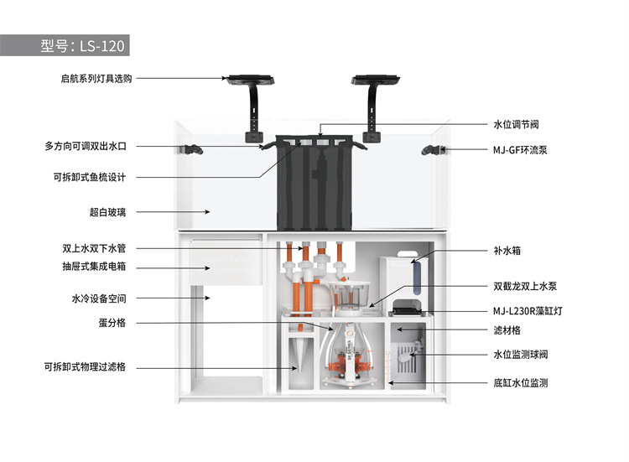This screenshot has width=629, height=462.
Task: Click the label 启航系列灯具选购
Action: tap(96, 79)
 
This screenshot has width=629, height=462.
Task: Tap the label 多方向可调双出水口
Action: tap(86, 147)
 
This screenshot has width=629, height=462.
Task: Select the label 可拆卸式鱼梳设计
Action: tap(90, 177)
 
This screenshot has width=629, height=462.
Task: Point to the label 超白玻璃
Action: tap(107, 212)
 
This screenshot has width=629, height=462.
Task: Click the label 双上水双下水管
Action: tap(94, 249)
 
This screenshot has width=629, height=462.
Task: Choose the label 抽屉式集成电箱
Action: tap(94, 267)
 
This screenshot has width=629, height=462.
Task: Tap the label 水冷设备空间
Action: tap(99, 298)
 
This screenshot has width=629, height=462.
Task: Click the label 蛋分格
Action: tap(112, 323)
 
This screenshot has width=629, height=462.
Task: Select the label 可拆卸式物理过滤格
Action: tap(85, 367)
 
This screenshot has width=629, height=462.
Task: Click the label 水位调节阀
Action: tap(516, 124)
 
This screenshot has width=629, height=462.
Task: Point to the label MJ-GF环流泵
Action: tap(520, 150)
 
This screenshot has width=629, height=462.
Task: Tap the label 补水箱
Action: tap(507, 251)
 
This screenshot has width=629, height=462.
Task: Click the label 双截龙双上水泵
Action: tap(525, 287)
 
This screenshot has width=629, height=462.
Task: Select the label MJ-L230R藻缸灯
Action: tap(528, 311)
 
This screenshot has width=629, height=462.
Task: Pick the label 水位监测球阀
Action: tap(520, 355)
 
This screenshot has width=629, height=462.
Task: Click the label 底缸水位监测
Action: tap(520, 383)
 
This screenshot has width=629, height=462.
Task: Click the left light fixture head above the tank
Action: tap(250, 80)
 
